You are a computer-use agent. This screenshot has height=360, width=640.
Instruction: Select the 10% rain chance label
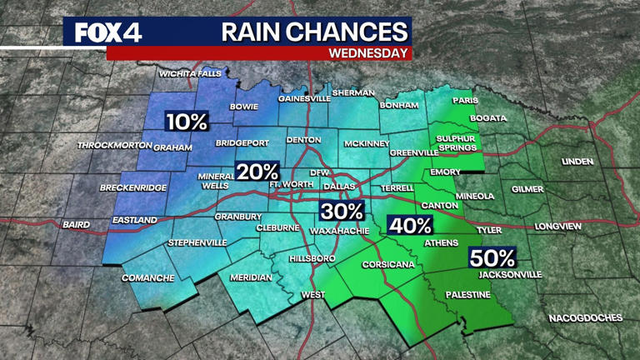[186, 122]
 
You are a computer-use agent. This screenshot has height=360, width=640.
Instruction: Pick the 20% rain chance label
[257, 172]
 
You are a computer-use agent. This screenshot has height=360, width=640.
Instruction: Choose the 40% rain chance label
[410, 225]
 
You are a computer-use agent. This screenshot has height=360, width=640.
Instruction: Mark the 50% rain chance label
[492, 257]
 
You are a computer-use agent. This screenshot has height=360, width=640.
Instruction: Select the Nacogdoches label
[585, 317]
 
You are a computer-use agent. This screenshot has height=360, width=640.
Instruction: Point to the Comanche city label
[147, 277]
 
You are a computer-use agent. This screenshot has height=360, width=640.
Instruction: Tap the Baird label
[76, 224]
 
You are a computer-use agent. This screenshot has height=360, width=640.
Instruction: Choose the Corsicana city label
[387, 265]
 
